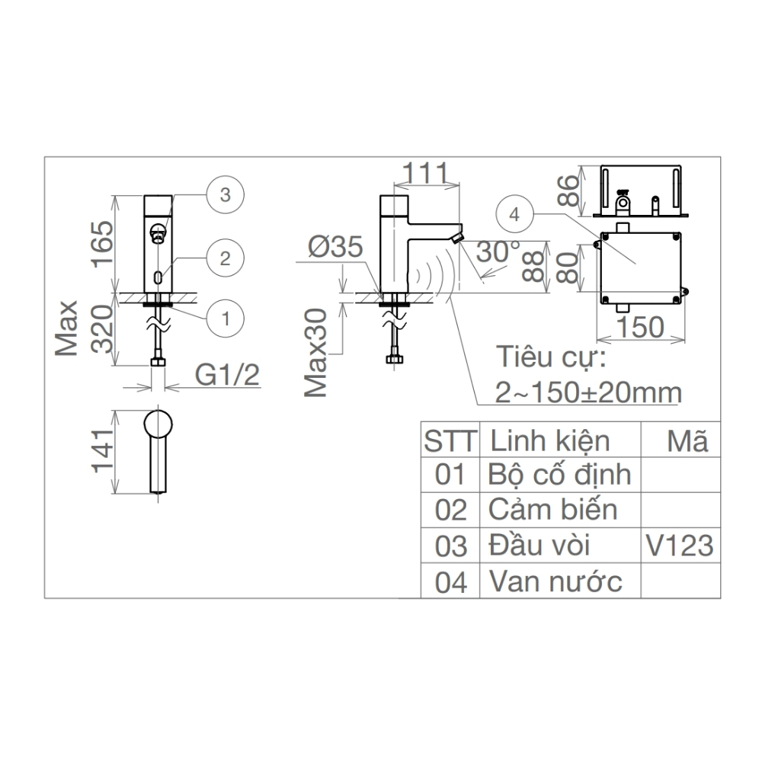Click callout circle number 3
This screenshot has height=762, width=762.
click(x=224, y=194)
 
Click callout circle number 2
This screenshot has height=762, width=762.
click(x=224, y=258)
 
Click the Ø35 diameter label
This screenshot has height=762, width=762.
click(x=335, y=248)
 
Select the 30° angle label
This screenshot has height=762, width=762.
click(x=499, y=251)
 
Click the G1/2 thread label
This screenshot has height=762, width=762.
click(x=227, y=375)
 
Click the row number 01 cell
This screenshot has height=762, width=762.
click(x=450, y=474)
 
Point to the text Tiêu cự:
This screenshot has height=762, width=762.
click(x=550, y=357)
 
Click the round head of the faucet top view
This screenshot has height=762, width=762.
click(x=159, y=424)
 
